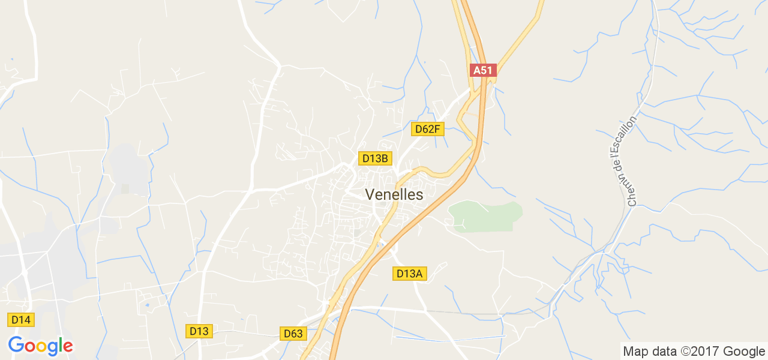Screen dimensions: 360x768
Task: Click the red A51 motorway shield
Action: [x=482, y=70]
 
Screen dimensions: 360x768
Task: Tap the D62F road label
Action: [x=428, y=129]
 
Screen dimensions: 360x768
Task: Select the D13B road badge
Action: [x=376, y=158]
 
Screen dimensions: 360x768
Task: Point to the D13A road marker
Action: [x=410, y=274]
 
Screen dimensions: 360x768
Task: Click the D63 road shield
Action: [x=294, y=333]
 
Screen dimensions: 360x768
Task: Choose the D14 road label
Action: [x=21, y=320]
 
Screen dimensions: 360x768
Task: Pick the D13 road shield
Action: [x=199, y=331]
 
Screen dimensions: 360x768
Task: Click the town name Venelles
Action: [x=394, y=194]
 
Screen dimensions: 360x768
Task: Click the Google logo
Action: [x=40, y=346]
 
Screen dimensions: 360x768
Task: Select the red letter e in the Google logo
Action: [x=67, y=347]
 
